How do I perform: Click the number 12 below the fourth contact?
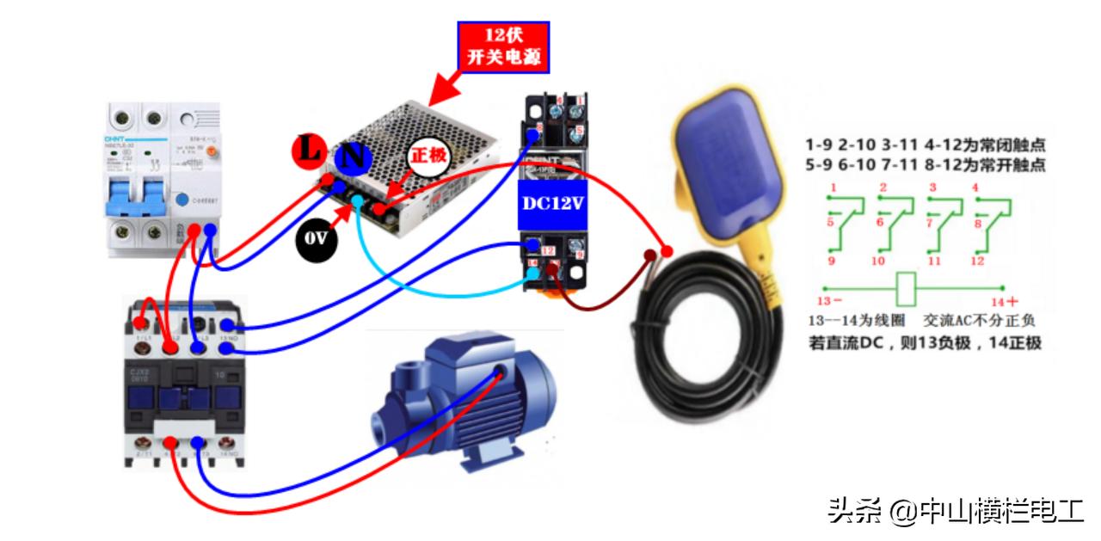point(977,261)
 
